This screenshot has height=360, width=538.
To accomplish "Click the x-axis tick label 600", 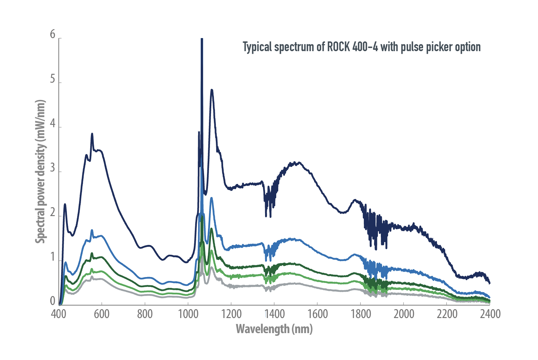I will coord(101,314).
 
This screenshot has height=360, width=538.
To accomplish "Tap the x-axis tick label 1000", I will coord(188,314).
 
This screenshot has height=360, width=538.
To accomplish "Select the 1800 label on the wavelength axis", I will coord(361,314).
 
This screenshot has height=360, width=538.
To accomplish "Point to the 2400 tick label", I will coord(490,314).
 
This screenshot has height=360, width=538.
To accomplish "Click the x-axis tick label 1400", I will coord(275,314).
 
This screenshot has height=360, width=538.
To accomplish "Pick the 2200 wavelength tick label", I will coord(447,314).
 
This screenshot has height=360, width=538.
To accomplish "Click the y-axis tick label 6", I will coord(52,34).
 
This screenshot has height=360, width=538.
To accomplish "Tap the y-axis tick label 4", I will coord(52,124).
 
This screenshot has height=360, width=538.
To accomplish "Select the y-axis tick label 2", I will coord(52,213).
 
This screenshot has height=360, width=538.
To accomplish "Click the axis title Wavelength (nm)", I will coord(274,329).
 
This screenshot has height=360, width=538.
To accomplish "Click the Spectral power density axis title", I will coord(40,171).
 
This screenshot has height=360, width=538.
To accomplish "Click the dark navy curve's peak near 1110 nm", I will coord(212,90).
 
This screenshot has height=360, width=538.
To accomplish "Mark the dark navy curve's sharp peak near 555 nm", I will coord(92,134).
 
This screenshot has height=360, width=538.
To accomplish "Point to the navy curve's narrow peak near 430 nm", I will coord(65,204).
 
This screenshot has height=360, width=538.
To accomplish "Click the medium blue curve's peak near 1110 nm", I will coord(212,198).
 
